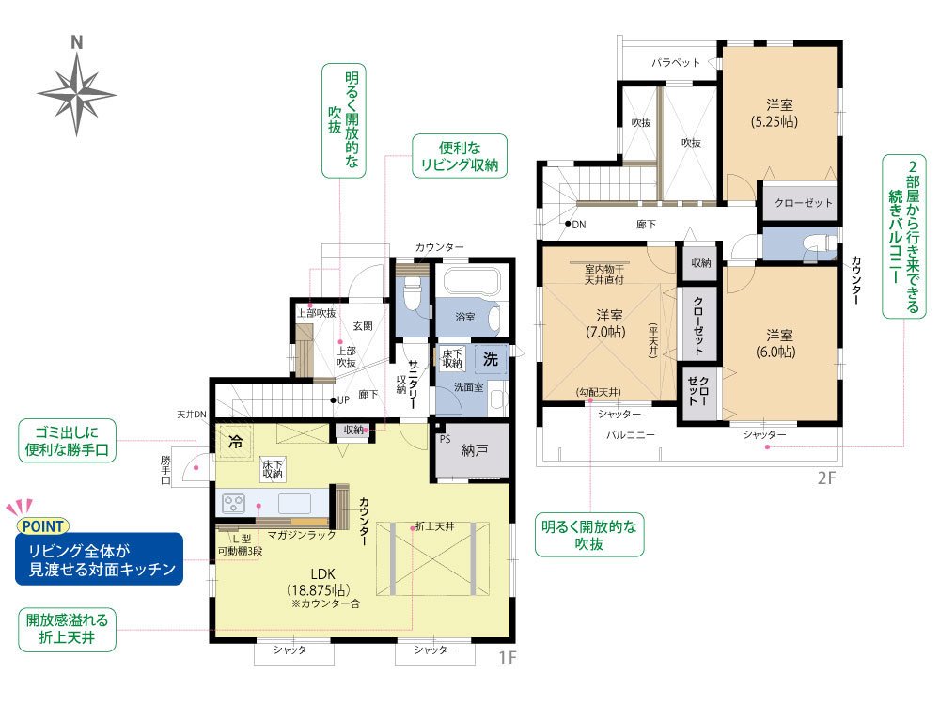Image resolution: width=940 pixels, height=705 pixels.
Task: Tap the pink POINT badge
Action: [43, 526]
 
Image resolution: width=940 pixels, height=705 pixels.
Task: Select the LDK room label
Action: [322, 573]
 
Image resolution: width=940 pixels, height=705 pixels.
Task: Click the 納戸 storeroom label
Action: [474, 450]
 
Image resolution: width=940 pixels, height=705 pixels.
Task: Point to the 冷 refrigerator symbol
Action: [236, 442]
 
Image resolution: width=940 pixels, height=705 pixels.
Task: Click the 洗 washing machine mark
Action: [491, 359]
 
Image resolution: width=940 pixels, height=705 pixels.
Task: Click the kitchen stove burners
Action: [234, 502]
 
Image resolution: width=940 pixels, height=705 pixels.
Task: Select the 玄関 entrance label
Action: [363, 325]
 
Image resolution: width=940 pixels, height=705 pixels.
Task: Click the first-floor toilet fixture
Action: [413, 293]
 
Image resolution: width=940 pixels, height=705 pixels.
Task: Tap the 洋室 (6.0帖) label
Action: [778, 343]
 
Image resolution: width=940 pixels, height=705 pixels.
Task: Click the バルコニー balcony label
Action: [630, 434]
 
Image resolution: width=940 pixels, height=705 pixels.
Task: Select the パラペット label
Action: [676, 62]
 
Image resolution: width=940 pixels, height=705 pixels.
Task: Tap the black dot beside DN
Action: [567, 224]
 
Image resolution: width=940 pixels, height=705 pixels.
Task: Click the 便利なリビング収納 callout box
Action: [460, 156]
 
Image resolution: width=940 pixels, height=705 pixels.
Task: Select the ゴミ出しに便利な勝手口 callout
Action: [67, 441]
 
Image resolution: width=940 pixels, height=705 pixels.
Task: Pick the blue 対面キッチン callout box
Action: [99, 559]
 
